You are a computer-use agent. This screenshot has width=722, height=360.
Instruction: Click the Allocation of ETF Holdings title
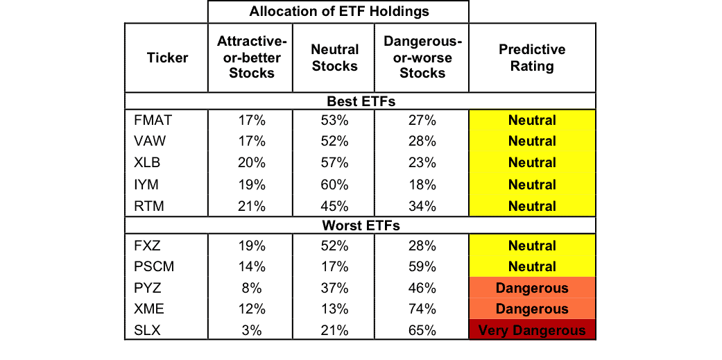(338, 12)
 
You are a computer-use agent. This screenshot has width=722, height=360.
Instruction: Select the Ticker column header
(167, 58)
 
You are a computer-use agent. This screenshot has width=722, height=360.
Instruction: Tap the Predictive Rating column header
(532, 58)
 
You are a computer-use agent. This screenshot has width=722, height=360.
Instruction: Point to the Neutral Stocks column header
(334, 58)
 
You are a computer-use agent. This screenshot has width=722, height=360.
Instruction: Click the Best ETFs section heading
(361, 101)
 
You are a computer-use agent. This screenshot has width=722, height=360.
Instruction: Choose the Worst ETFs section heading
(361, 226)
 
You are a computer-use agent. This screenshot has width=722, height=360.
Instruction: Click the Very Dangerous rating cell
(532, 331)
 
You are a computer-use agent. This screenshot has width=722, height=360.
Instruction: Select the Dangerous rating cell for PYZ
(532, 288)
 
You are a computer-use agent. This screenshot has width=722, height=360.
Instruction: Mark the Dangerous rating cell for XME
(532, 309)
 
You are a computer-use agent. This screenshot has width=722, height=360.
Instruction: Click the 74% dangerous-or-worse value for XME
(422, 309)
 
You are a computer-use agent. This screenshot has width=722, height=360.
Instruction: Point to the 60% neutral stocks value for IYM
(334, 185)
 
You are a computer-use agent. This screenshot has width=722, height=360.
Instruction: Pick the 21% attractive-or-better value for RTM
(252, 206)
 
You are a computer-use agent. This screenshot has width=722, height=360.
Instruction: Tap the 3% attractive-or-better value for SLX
(252, 331)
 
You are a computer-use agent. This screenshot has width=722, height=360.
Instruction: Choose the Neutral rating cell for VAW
(532, 142)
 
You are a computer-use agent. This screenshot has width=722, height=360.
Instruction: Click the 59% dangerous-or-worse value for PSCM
(422, 266)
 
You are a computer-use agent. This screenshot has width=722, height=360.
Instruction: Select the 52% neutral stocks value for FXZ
(334, 246)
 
